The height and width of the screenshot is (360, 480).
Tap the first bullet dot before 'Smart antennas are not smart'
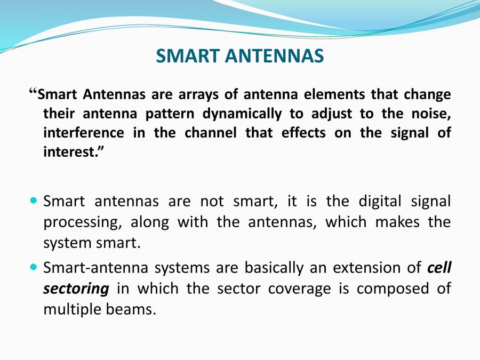tap(34, 201)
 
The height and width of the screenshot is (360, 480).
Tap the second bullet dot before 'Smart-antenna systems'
tap(34, 266)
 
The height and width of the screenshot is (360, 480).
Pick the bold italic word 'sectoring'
tap(76, 289)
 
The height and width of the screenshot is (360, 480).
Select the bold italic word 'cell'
tap(439, 267)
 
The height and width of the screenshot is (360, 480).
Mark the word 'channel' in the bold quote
tap(210, 133)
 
